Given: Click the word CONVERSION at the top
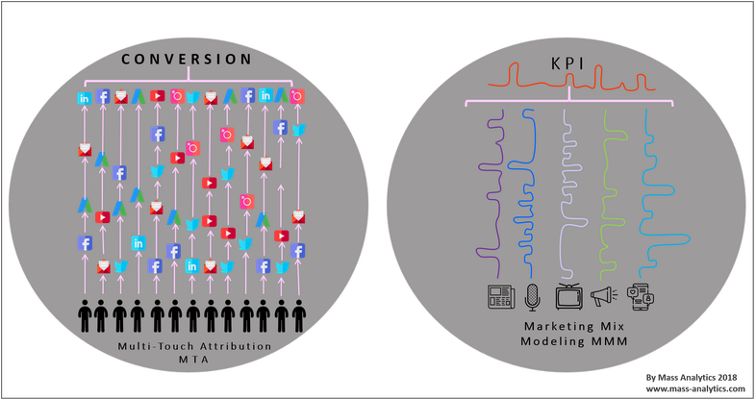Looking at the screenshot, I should [188, 60].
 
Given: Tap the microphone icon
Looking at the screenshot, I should [533, 297].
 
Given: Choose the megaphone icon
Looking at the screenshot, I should [603, 297].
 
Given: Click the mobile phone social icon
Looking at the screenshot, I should [639, 297].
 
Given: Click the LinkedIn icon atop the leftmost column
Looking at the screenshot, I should [85, 97].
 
